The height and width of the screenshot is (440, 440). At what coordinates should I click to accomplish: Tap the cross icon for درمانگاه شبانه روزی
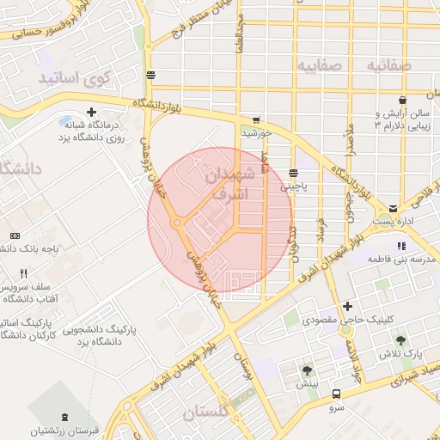(x=91, y=113)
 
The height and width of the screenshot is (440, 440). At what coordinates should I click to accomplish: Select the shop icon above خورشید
(x=256, y=120)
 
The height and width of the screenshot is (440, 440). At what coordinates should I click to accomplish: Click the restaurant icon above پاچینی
(x=295, y=171)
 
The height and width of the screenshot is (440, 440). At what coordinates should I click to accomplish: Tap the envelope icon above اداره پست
(x=393, y=209)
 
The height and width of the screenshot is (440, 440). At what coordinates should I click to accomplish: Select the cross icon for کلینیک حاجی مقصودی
(x=347, y=306)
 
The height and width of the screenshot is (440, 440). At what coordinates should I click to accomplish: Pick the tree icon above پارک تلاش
(x=400, y=340)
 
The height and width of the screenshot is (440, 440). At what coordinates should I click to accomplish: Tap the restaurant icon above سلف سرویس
(x=25, y=273)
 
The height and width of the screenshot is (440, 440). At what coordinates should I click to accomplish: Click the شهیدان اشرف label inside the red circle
(x=231, y=184)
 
